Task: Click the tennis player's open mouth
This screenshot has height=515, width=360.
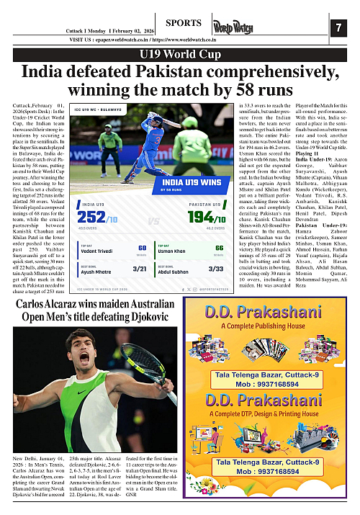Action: [84, 358]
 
